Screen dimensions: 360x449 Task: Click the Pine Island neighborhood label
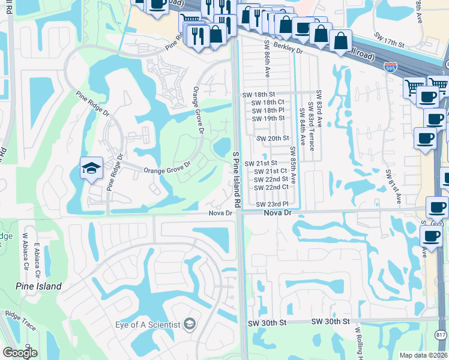click(38, 286)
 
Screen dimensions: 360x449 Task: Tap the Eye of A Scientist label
click(148, 325)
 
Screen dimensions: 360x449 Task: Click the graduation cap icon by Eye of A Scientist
click(190, 325)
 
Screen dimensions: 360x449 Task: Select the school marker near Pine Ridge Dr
click(91, 168)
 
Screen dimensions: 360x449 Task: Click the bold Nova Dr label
click(278, 213)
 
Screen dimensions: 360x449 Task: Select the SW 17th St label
click(390, 43)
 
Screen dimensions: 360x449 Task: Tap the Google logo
click(20, 353)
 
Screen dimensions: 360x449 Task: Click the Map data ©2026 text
click(423, 355)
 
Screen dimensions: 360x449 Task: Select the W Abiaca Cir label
click(26, 251)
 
